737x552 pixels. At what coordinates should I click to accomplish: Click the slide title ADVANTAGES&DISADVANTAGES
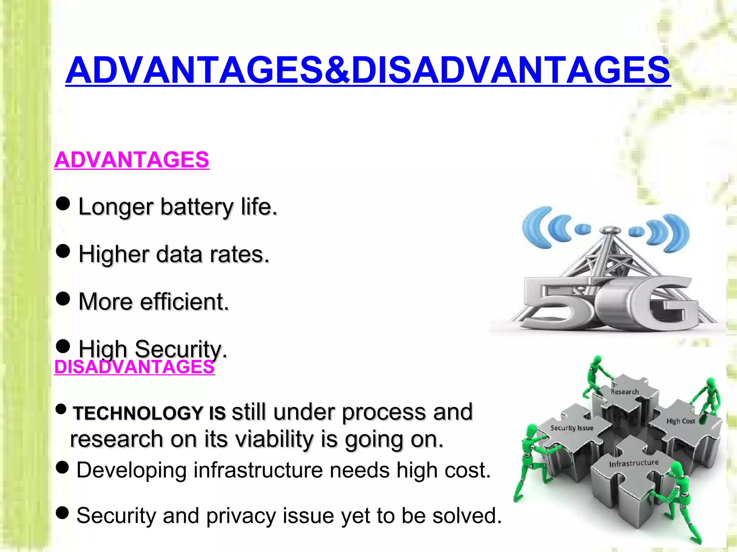pyautogui.click(x=368, y=70)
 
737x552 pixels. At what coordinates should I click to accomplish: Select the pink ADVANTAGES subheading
pyautogui.click(x=132, y=160)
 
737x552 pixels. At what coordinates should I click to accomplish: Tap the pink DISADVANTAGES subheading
pyautogui.click(x=134, y=367)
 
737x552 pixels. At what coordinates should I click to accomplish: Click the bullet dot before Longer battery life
pyautogui.click(x=63, y=204)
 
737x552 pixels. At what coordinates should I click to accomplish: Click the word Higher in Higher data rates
pyautogui.click(x=113, y=254)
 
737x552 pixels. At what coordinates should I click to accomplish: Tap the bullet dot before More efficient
pyautogui.click(x=63, y=298)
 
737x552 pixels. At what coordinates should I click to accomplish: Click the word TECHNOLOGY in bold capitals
pyautogui.click(x=138, y=413)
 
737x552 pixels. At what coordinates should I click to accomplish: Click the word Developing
pyautogui.click(x=132, y=470)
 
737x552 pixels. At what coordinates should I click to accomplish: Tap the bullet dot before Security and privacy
pyautogui.click(x=63, y=513)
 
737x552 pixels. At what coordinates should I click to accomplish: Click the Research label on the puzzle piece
pyautogui.click(x=625, y=392)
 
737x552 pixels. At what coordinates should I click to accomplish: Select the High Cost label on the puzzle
pyautogui.click(x=681, y=421)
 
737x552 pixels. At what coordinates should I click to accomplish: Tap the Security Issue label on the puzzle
pyautogui.click(x=572, y=428)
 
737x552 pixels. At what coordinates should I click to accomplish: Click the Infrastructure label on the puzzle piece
pyautogui.click(x=634, y=463)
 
